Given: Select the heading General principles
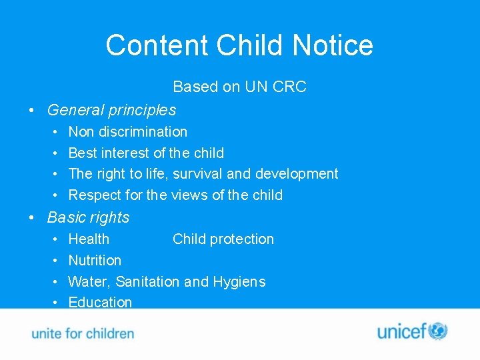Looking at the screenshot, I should coord(111,110).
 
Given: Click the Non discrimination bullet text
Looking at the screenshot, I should coord(127,132).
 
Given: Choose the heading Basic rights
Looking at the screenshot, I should coord(88,217).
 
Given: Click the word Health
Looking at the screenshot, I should coord(89,239).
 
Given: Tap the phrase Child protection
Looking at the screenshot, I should coord(223,239).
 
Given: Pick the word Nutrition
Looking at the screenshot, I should coord(95,261).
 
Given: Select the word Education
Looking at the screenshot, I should coord(100,302).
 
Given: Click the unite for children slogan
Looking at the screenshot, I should coord(83,333).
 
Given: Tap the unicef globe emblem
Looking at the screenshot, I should coord(437,331).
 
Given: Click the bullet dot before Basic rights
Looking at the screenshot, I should coord(31,218).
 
